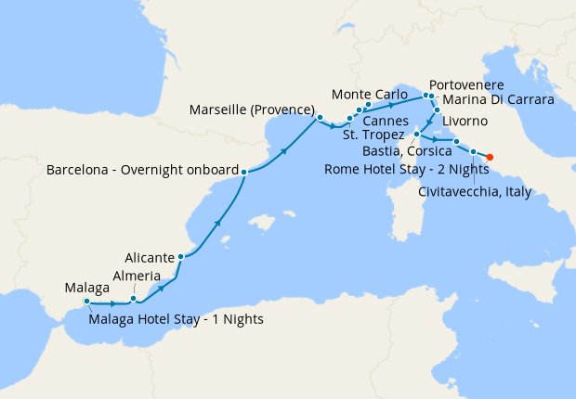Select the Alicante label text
pyautogui.click(x=150, y=256)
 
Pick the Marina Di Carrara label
pyautogui.click(x=498, y=99)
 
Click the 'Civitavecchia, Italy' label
pyautogui.click(x=477, y=191)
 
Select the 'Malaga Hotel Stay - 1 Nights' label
pyautogui.click(x=177, y=319)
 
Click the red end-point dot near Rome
pyautogui.click(x=490, y=156)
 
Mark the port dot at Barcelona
pyautogui.click(x=243, y=172)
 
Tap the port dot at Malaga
pyautogui.click(x=86, y=302)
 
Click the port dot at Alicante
pyautogui.click(x=180, y=257)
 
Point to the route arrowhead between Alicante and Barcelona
pyautogui.click(x=217, y=222)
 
